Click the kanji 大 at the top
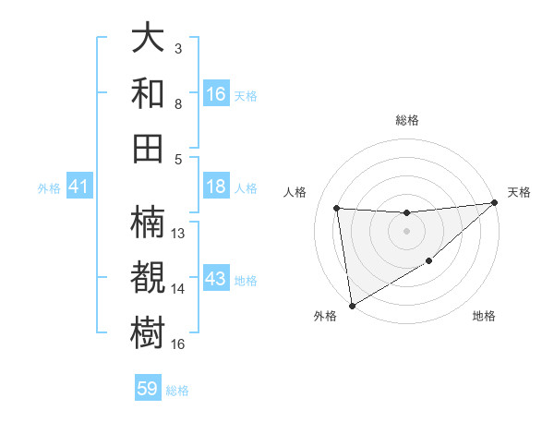point(149,39)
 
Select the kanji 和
point(149,92)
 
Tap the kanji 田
point(149,146)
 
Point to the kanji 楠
point(149,223)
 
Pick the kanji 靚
point(149,277)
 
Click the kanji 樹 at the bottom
point(149,331)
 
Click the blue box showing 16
point(216,94)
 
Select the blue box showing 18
point(216,187)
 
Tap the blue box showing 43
point(216,280)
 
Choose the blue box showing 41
point(79,187)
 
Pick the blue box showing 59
point(148,390)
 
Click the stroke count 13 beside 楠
point(179,234)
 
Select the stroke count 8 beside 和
point(178,103)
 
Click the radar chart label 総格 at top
point(406,120)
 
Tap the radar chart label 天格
point(519,192)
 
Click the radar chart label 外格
point(325,316)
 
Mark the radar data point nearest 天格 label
point(494,203)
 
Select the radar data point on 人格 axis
point(337,209)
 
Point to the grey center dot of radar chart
point(406,231)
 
